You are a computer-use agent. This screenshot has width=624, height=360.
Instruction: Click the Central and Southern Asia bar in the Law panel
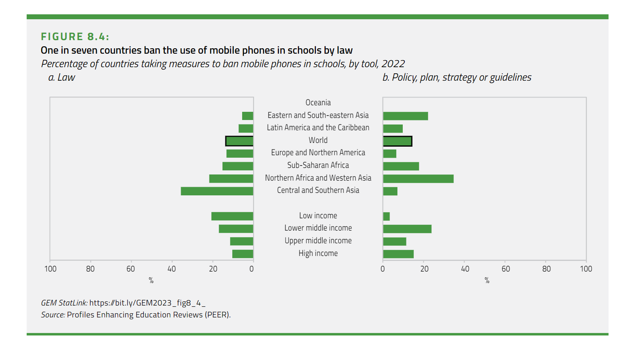point(217,191)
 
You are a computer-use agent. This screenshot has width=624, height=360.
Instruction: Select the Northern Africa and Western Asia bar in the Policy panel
point(418,179)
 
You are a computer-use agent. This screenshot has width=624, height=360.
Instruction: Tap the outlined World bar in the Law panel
point(239,141)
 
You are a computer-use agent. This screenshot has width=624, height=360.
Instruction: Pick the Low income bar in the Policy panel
point(386,216)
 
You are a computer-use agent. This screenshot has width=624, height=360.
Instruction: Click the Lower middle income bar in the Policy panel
point(407,229)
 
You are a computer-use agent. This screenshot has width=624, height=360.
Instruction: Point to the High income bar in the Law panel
point(243,254)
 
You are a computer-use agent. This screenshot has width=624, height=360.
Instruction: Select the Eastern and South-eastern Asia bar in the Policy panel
point(406,116)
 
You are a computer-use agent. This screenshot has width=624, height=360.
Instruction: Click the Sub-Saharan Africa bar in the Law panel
point(238,166)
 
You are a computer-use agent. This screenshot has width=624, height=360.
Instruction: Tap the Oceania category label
point(318,102)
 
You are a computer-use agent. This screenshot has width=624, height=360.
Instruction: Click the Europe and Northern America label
point(318,152)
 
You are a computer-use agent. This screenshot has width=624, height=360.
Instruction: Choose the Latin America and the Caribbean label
point(318,127)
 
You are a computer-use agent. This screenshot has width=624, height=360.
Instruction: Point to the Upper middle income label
point(318,240)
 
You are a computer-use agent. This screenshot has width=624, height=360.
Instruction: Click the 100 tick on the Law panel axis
point(50,269)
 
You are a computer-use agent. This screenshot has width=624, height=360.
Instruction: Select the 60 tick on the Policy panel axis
point(506,269)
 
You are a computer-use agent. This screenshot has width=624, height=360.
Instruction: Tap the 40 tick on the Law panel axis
point(172,269)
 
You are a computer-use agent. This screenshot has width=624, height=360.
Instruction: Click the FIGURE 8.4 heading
point(75,36)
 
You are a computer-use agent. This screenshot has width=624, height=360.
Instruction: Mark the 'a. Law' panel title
point(62,77)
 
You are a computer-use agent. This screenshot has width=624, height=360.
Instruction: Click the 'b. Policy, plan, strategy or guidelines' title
point(457,77)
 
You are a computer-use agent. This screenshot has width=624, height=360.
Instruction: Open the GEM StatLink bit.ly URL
point(147,303)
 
